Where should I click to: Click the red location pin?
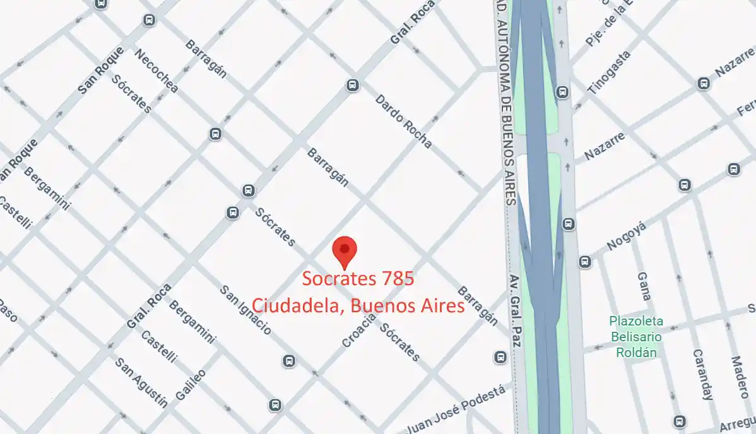pyautogui.click(x=345, y=250)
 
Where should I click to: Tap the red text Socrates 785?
pyautogui.click(x=358, y=278)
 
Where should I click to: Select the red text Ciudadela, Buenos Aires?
pyautogui.click(x=358, y=305)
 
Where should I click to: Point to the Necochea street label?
pyautogui.click(x=156, y=71)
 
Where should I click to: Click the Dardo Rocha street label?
pyautogui.click(x=403, y=121)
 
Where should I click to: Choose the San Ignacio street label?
pyautogui.click(x=245, y=310)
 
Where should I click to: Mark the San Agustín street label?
pyautogui.click(x=141, y=383)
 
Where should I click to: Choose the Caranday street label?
pyautogui.click(x=702, y=375)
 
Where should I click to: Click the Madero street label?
pyautogui.click(x=739, y=377)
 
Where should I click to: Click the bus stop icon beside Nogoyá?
pyautogui.click(x=585, y=261)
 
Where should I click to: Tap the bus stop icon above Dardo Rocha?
pyautogui.click(x=353, y=85)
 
